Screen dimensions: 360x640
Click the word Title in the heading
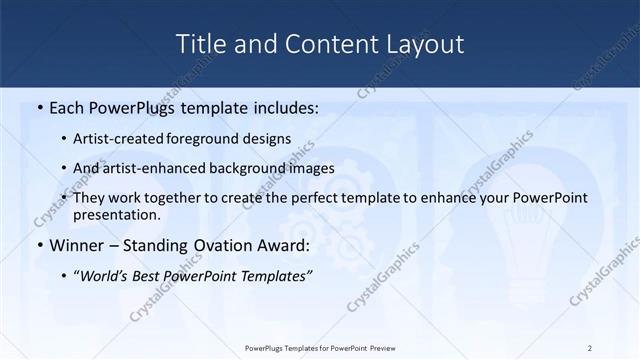tap(200, 44)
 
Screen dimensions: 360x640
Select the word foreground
tap(209, 139)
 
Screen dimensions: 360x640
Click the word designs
tap(268, 139)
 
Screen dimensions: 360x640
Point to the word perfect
tap(331, 198)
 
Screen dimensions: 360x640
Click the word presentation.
tap(116, 214)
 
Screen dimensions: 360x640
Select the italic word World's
tap(104, 276)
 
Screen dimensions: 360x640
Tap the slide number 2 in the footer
tap(590, 347)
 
